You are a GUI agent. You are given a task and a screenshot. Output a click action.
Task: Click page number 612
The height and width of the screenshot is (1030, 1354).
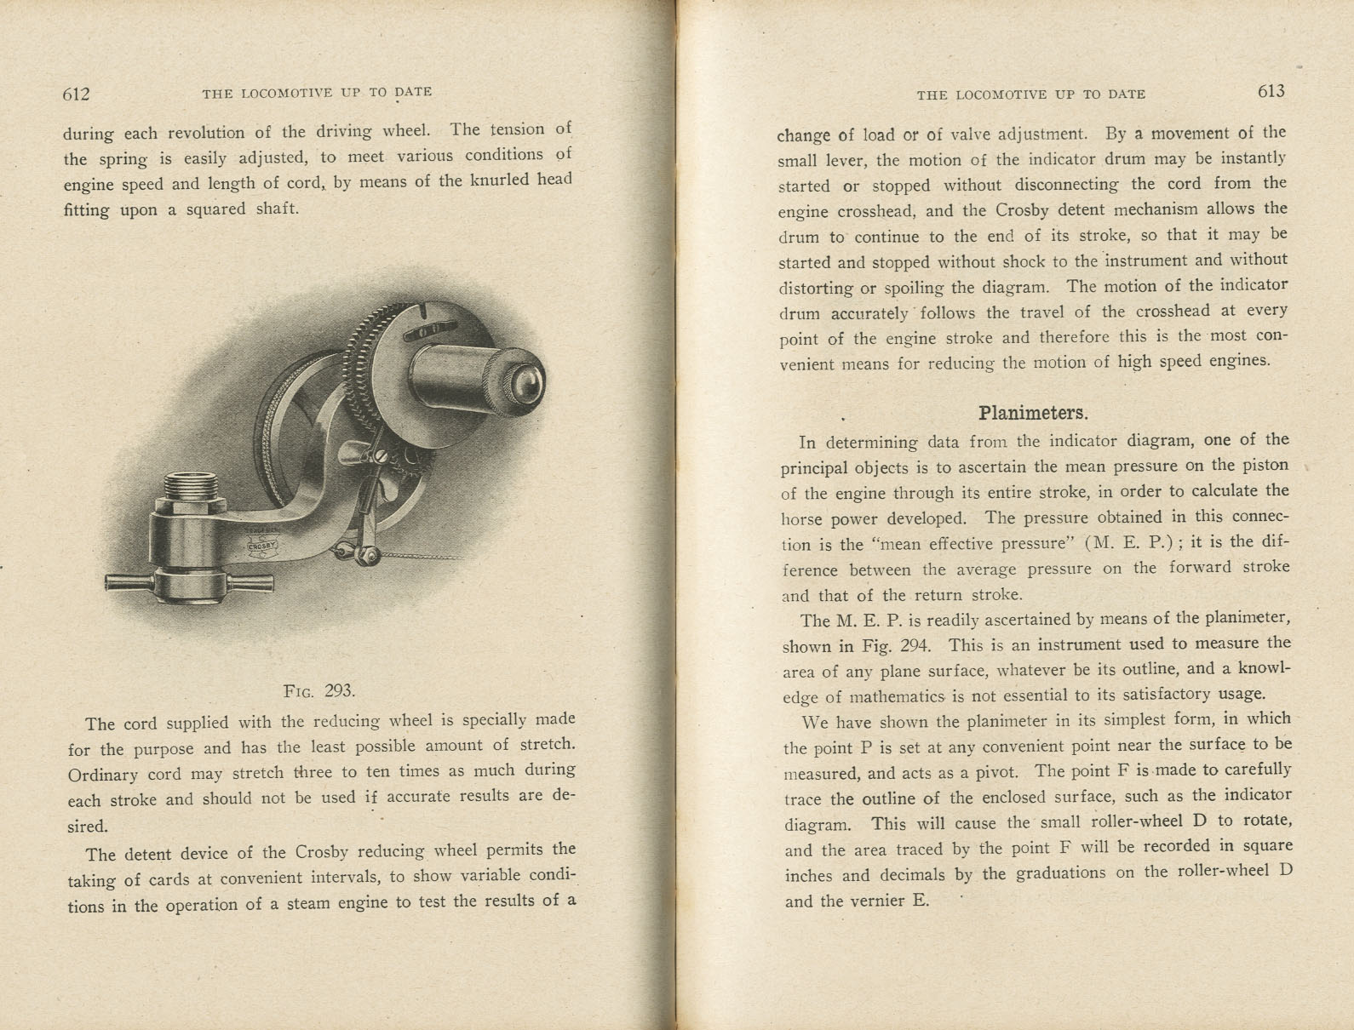click(76, 94)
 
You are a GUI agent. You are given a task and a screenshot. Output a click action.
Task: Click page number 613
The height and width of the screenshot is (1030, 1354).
click(1271, 92)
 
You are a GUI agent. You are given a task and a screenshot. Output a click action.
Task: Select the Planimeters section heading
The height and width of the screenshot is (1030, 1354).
click(1033, 414)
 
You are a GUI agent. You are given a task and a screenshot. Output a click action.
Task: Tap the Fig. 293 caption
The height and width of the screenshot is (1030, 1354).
click(319, 690)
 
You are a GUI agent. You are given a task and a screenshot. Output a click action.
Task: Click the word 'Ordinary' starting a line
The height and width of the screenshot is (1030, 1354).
click(103, 775)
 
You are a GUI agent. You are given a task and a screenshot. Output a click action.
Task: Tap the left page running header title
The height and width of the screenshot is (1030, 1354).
click(317, 92)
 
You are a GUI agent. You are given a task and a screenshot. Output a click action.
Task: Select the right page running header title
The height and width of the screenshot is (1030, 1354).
click(1030, 94)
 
